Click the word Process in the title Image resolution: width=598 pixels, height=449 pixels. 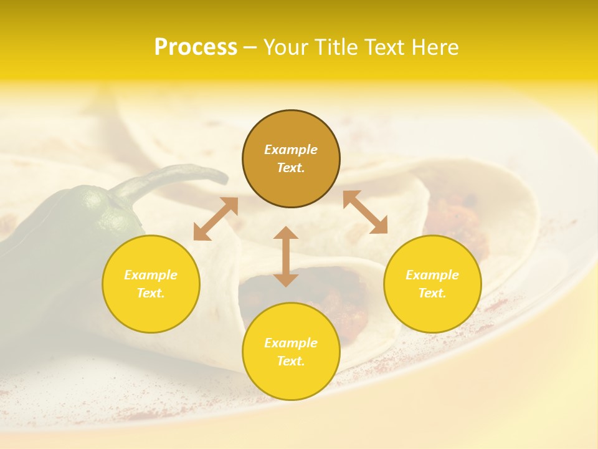(x=196, y=47)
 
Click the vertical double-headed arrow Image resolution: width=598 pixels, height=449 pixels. (x=286, y=256)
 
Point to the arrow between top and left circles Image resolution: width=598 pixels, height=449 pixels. (x=216, y=219)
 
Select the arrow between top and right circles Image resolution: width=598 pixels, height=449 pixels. (x=365, y=212)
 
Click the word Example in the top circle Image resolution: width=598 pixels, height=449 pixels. (x=291, y=150)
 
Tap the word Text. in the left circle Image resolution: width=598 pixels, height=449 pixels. (x=151, y=293)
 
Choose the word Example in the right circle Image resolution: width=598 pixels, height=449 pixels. (x=432, y=275)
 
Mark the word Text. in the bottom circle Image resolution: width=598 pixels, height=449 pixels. (x=291, y=361)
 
